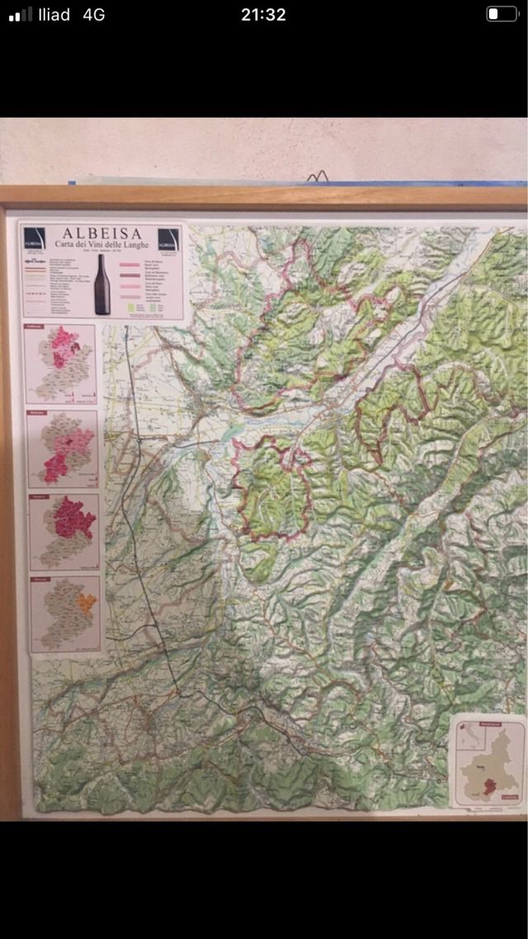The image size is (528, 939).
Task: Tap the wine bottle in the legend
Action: point(101,284)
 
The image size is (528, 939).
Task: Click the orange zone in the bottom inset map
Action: point(86,604)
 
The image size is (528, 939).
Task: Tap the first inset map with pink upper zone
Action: point(60,363)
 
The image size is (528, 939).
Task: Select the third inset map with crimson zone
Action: point(64,531)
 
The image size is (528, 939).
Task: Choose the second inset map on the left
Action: point(62,446)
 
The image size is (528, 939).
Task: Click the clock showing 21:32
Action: point(263,14)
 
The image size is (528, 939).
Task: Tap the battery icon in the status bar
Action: point(501,14)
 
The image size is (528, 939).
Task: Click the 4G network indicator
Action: point(93,14)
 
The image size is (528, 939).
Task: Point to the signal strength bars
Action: point(21,14)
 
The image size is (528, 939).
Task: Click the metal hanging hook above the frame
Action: point(318,176)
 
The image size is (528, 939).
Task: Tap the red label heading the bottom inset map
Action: point(42,580)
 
